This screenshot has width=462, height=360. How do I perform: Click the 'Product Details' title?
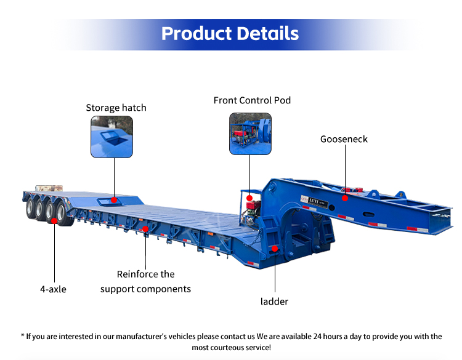(230, 33)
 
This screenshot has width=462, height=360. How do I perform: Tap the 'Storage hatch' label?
(116, 108)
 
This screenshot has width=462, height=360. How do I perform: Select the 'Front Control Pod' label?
(252, 100)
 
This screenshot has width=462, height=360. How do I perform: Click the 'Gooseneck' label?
(344, 139)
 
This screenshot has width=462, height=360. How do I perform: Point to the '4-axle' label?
(53, 288)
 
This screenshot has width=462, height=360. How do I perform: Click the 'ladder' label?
(274, 302)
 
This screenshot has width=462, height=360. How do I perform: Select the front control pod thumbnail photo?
(251, 134)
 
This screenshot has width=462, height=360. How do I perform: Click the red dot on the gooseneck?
(345, 198)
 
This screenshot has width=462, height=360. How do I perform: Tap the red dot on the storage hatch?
(115, 199)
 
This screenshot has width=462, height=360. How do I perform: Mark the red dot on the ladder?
(274, 248)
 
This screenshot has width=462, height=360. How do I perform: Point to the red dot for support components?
(145, 230)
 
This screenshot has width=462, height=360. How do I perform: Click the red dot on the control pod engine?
(249, 199)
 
